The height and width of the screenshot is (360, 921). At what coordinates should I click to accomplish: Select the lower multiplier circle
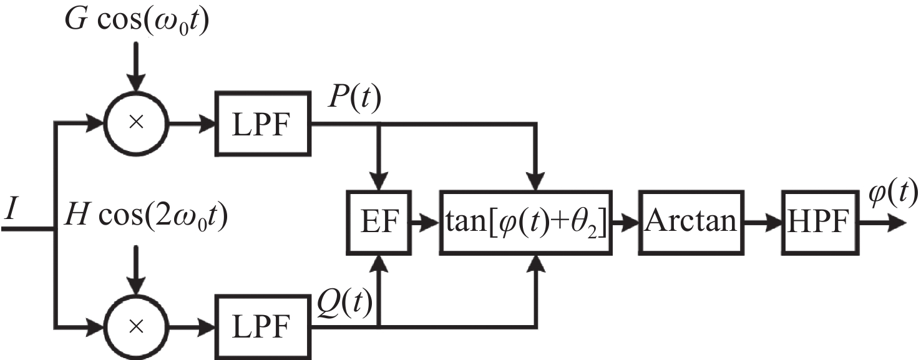click(x=136, y=325)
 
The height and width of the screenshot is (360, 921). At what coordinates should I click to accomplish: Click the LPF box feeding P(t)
click(x=261, y=124)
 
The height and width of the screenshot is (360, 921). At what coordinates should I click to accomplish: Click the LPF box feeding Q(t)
click(x=261, y=325)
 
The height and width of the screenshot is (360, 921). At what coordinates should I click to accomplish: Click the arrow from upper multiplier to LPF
click(x=191, y=124)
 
